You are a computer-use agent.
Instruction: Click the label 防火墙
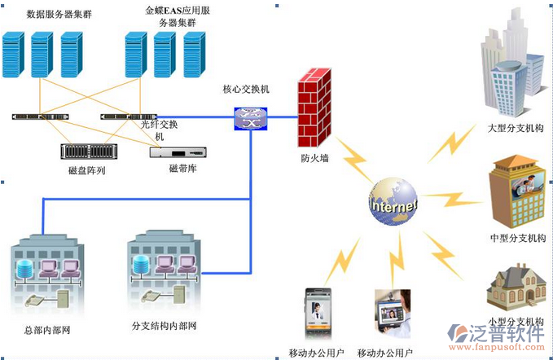[x=314, y=158]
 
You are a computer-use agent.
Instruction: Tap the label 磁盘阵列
[x=87, y=170]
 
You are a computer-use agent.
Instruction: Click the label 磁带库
[x=183, y=168]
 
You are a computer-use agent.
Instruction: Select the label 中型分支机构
[x=517, y=238]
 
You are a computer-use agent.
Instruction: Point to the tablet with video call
[x=392, y=314]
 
